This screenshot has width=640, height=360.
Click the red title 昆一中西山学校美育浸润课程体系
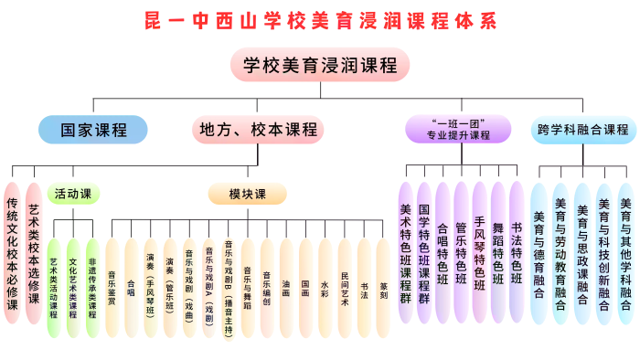coord(320,20)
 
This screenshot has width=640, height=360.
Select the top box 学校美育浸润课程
coord(320,65)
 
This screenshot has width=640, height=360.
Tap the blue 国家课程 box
coord(93,130)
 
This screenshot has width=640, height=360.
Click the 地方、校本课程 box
coord(258,130)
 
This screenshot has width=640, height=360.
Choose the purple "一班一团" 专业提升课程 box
coord(460,129)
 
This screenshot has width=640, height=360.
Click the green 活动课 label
coord(73,194)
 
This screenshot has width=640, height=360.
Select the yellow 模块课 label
coord(247,194)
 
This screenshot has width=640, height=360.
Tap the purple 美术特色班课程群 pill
coord(406,251)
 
